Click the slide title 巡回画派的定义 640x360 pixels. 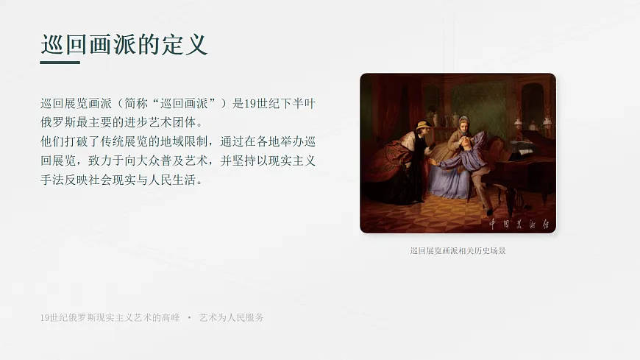click(124, 44)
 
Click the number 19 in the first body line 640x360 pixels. click(252, 103)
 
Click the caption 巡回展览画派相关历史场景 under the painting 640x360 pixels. click(458, 250)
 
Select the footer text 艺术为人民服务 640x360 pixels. click(232, 317)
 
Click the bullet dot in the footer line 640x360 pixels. click(189, 317)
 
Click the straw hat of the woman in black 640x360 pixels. click(422, 126)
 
